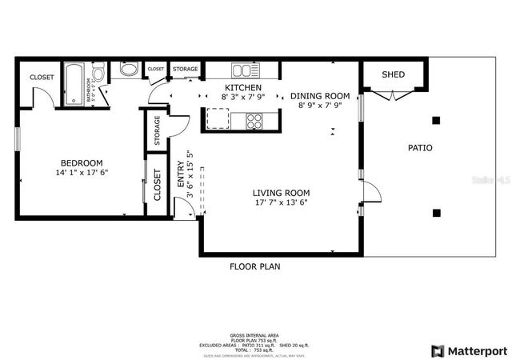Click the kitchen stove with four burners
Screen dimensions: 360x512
[254, 121]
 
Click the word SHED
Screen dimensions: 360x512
[393, 74]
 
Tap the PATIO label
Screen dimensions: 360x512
[420, 148]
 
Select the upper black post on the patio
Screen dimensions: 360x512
[436, 121]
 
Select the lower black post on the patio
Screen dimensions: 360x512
[436, 213]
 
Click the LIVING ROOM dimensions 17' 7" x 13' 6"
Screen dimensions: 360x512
[281, 202]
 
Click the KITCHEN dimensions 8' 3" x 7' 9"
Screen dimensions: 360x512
[242, 97]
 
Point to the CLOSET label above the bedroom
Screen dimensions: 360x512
[42, 77]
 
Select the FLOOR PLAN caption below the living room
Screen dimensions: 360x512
[254, 266]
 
